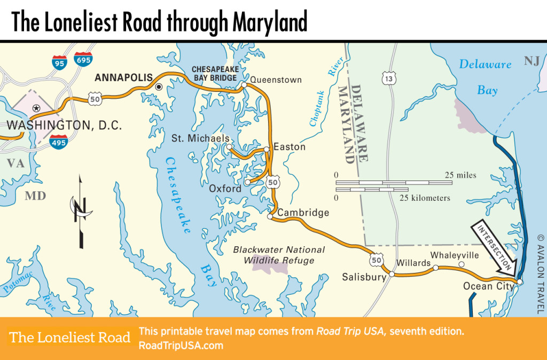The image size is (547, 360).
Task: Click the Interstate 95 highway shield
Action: (x=60, y=62)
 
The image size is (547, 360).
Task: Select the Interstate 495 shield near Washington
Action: (x=58, y=142)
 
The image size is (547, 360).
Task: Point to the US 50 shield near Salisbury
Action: (x=375, y=260)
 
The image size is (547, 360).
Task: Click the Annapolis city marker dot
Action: (x=159, y=87)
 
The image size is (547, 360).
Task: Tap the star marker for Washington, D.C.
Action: (x=36, y=108)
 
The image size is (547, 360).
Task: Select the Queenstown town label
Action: (x=276, y=80)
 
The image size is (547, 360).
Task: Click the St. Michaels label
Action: (x=200, y=138)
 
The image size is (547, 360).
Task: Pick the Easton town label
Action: (x=290, y=147)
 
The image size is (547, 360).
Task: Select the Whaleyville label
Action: (x=456, y=255)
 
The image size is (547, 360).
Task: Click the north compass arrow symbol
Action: (x=80, y=211)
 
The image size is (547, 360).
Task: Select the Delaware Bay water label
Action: (x=486, y=77)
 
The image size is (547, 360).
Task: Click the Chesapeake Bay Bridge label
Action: (x=215, y=74)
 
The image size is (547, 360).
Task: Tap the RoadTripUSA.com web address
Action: (x=181, y=345)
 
